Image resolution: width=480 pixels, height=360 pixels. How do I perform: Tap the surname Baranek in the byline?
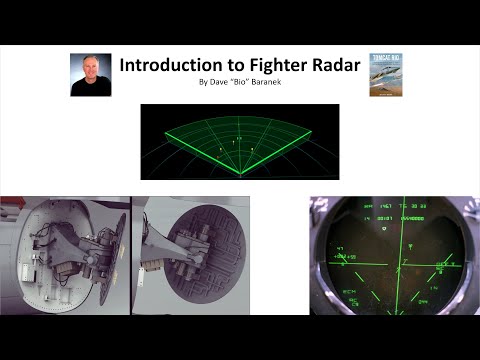point(262,81)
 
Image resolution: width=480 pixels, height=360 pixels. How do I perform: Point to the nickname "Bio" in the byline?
point(238,81)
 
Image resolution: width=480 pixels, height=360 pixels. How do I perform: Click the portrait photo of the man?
point(90,74)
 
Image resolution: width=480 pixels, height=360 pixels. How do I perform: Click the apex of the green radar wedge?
point(240,176)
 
